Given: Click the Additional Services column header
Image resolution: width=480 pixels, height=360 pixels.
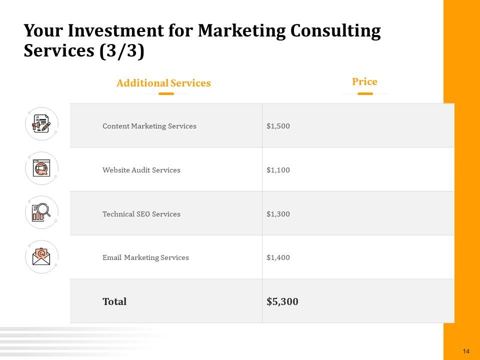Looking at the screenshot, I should click(x=163, y=83).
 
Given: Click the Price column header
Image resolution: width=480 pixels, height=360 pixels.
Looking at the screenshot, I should click(x=364, y=82).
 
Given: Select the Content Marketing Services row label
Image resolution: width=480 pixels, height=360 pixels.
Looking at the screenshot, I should click(x=149, y=126).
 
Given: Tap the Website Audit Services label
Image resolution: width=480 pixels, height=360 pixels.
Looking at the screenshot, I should click(x=141, y=170).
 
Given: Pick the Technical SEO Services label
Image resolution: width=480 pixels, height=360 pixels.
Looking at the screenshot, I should click(x=141, y=214).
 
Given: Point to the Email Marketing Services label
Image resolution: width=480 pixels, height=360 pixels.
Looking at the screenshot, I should click(x=145, y=258).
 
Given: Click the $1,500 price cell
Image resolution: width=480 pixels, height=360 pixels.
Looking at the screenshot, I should click(x=278, y=126).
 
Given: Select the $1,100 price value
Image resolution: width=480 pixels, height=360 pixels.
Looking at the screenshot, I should click(x=278, y=170).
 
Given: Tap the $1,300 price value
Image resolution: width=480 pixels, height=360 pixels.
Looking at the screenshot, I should click(x=278, y=214).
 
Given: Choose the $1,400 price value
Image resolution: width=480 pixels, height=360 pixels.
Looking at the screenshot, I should click(x=278, y=258).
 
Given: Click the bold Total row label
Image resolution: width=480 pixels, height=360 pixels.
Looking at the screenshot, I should click(x=114, y=301).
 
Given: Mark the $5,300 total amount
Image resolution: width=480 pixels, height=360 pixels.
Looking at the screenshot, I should click(x=282, y=301).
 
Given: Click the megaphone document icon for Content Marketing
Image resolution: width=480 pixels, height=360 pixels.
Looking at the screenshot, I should click(x=41, y=124).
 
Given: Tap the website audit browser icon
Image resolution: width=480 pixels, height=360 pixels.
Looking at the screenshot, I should click(x=41, y=168).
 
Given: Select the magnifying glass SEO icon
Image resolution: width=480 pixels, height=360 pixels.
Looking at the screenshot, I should click(x=41, y=212).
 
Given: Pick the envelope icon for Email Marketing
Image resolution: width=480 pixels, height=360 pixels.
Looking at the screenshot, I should click(x=41, y=256).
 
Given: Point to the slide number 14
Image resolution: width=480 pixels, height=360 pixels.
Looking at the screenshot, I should click(x=466, y=351).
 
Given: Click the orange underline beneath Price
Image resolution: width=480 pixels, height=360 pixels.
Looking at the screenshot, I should click(x=365, y=93).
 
